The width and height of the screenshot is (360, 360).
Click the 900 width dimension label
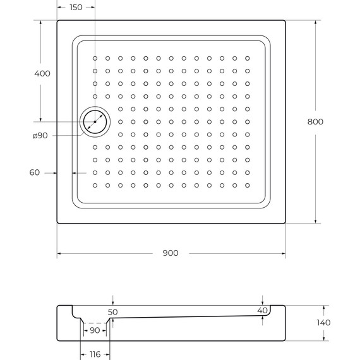[170, 253]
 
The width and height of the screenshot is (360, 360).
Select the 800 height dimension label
[315, 122]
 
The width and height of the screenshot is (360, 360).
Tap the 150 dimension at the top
[76, 8]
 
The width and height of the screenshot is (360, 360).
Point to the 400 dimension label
[42, 73]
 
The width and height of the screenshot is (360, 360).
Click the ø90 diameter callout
[40, 136]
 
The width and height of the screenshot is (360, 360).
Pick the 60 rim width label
[34, 172]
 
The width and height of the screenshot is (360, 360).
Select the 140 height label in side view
[323, 323]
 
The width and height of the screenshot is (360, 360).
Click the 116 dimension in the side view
[95, 354]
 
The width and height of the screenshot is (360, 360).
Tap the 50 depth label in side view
[112, 312]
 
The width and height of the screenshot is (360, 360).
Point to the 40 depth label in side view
[262, 310]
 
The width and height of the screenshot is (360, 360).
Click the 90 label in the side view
[94, 330]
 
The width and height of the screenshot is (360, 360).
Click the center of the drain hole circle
[95, 121]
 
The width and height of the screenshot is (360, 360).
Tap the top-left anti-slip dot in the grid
[95, 58]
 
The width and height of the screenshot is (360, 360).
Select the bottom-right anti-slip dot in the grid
[247, 185]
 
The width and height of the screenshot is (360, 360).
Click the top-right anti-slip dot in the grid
[247, 58]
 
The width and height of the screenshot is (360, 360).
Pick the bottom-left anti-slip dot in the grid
[95, 185]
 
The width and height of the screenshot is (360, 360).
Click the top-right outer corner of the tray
[286, 20]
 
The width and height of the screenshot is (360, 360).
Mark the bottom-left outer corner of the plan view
[57, 224]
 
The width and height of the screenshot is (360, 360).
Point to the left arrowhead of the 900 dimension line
[59, 253]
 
